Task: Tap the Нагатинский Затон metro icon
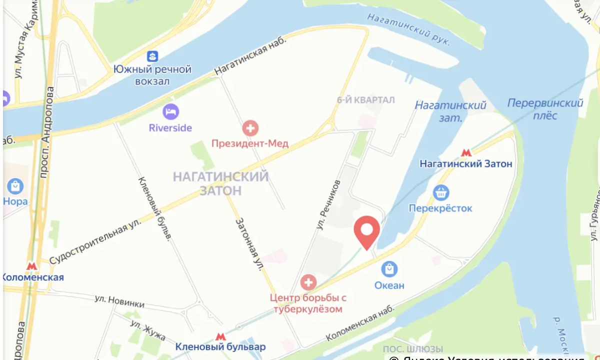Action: pos(466,152)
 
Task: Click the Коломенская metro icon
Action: pos(32,266)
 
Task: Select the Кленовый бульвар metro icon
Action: pos(220,336)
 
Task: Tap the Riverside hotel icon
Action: pos(170,111)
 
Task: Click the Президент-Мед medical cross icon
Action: pos(250,128)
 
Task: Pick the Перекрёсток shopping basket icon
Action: pos(440,192)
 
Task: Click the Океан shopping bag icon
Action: pos(389,269)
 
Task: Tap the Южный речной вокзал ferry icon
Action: pos(152,56)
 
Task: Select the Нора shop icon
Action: pos(15,186)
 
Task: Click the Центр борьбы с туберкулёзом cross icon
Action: pos(308,282)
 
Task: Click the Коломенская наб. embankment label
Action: pos(360,322)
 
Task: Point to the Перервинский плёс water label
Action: pos(545,109)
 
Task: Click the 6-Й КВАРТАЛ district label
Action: pos(365,100)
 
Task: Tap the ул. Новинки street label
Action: pos(119,301)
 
